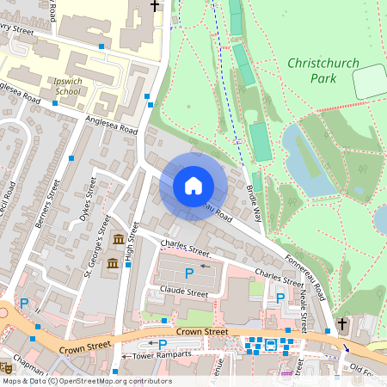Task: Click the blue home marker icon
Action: pyautogui.click(x=193, y=186)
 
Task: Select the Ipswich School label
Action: pyautogui.click(x=62, y=85)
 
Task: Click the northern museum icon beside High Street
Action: pyautogui.click(x=118, y=238)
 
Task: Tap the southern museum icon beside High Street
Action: pyautogui.click(x=112, y=262)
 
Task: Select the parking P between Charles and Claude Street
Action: pyautogui.click(x=189, y=273)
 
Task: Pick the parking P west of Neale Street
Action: pyautogui.click(x=280, y=298)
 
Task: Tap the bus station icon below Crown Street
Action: pyautogui.click(x=271, y=345)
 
